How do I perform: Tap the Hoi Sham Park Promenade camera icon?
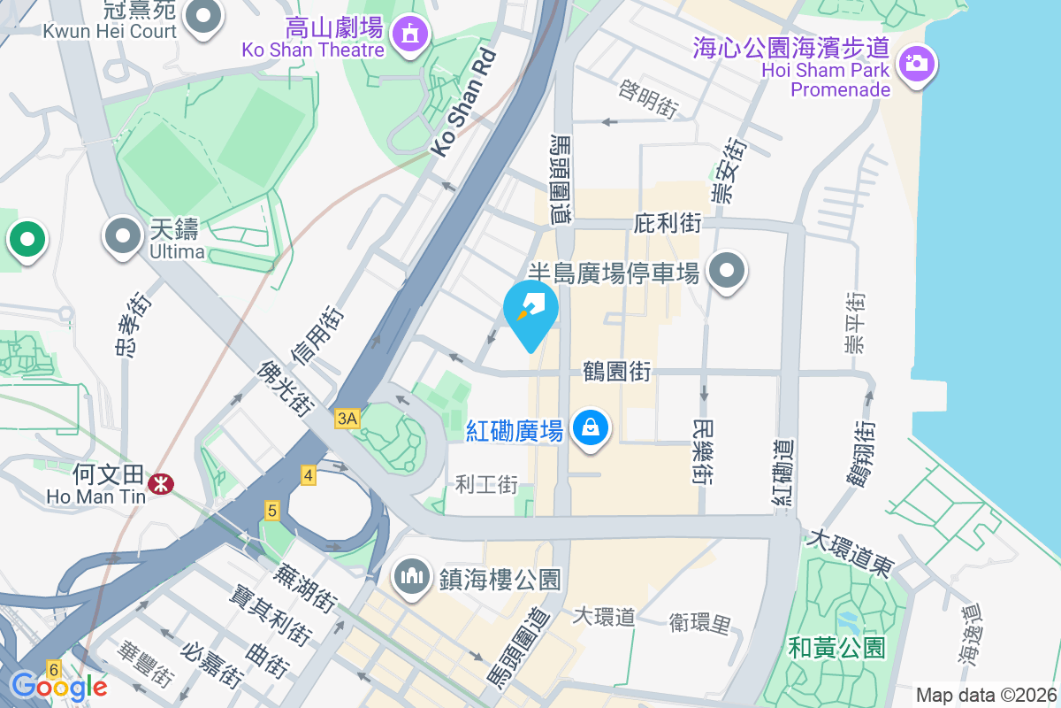[917, 64]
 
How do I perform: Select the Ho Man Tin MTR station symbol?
[161, 483]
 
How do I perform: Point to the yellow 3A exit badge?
[347, 419]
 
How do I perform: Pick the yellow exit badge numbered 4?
[308, 475]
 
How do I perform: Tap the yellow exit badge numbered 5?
[271, 511]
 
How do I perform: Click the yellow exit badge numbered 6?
[54, 670]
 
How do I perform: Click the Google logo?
[59, 686]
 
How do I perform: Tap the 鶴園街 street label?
[616, 371]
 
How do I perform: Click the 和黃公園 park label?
[838, 647]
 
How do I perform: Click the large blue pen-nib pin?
[530, 311]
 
